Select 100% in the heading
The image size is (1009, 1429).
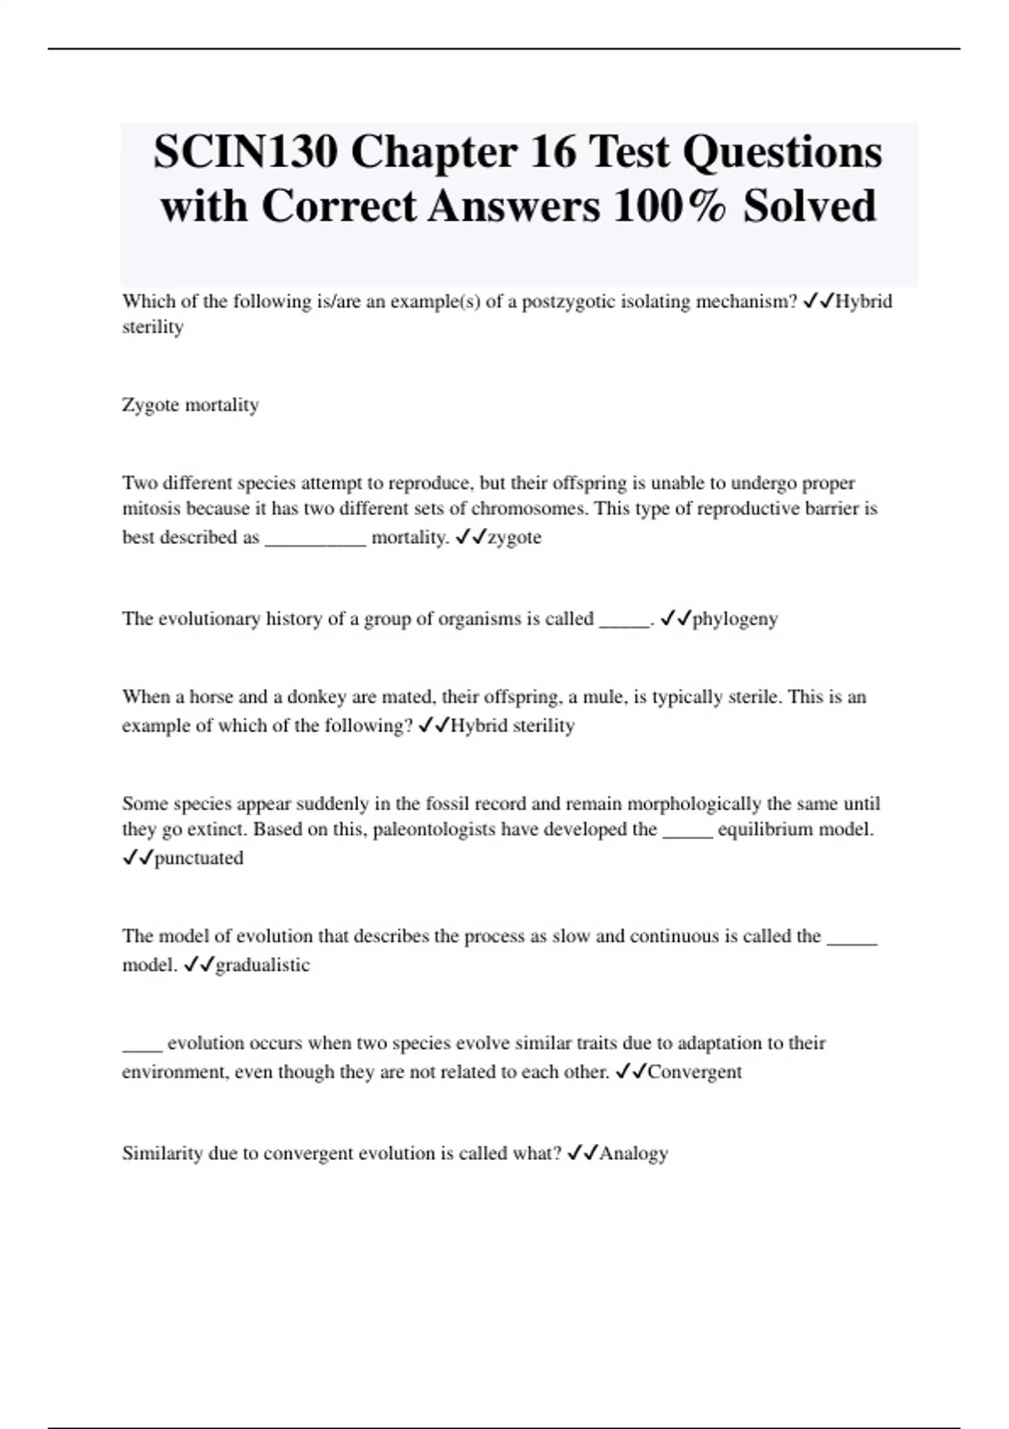tap(669, 207)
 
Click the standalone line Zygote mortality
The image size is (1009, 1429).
tap(190, 405)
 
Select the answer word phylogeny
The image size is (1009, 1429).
tap(735, 620)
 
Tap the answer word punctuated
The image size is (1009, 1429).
tap(198, 858)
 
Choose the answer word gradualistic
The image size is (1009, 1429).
tap(262, 965)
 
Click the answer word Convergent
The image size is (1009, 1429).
tap(695, 1072)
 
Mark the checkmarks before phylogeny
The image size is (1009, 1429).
tap(675, 619)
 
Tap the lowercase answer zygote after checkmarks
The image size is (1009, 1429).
tap(515, 538)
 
